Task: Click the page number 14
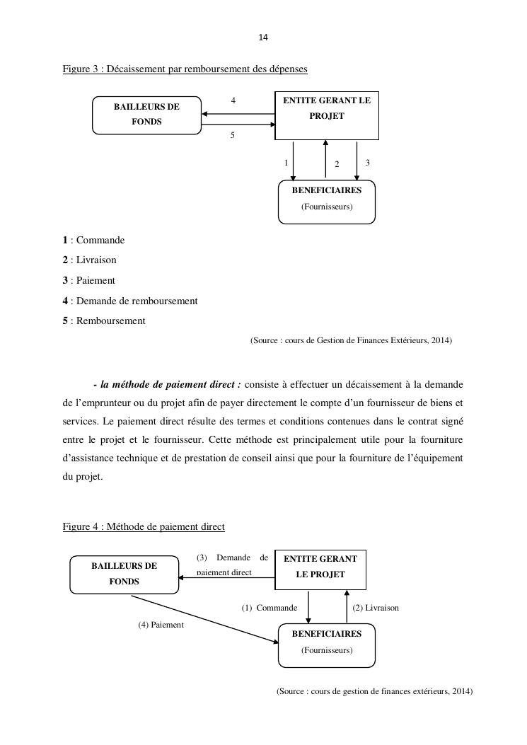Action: [x=264, y=37]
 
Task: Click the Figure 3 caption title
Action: [x=185, y=69]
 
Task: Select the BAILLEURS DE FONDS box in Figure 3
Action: [x=146, y=115]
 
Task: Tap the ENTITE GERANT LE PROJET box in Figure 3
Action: [x=327, y=115]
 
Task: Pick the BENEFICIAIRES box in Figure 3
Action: [x=326, y=202]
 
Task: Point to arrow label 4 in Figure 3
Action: [x=233, y=100]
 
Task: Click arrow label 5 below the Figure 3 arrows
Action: [x=232, y=135]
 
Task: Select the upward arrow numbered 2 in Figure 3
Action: [x=325, y=158]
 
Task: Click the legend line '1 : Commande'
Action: [x=93, y=240]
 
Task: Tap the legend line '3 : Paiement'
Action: [x=88, y=280]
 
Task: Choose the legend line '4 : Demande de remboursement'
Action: [x=130, y=301]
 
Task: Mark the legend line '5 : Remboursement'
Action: [x=104, y=320]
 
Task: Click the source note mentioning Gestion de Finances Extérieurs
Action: [x=351, y=340]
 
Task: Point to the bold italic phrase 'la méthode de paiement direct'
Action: [x=170, y=384]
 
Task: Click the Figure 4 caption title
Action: [x=144, y=526]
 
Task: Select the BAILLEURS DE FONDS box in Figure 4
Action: [x=124, y=574]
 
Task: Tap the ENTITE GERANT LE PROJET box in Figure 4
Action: [x=320, y=569]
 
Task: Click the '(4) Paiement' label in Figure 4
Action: [x=161, y=625]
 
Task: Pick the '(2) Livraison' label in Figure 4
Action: [x=376, y=608]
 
